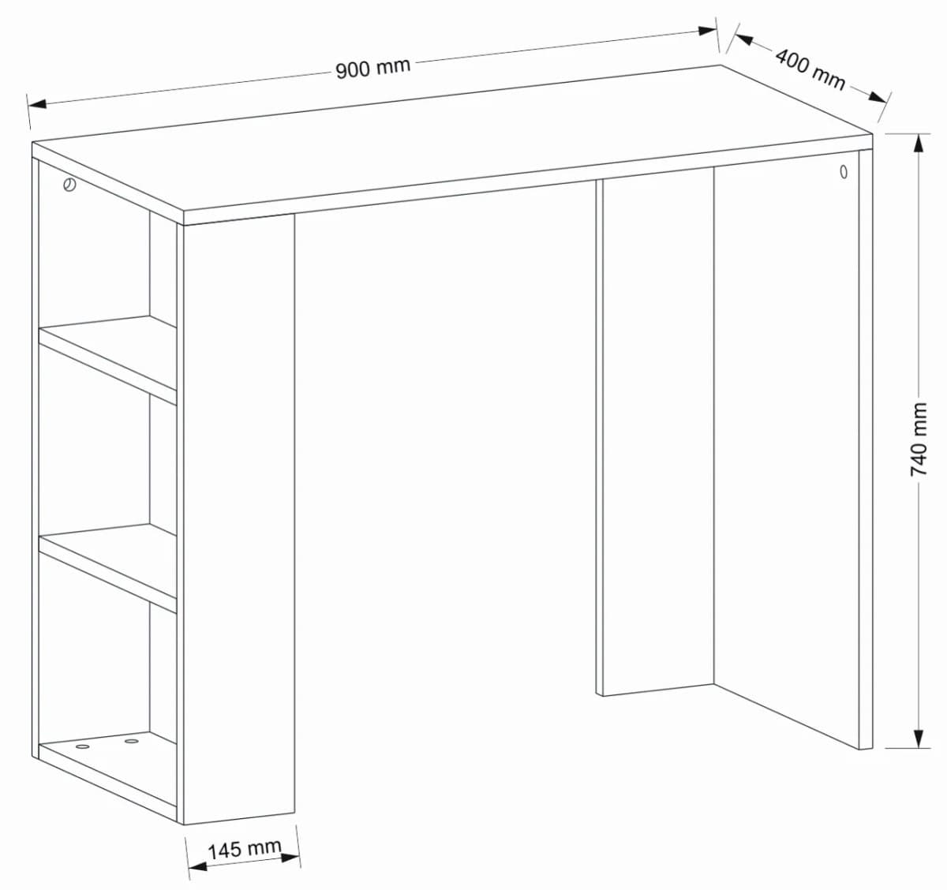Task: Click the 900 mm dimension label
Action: click(373, 68)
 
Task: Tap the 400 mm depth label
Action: click(810, 69)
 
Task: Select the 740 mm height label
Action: click(919, 439)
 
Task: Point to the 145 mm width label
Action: click(244, 849)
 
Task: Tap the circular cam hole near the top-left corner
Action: click(69, 186)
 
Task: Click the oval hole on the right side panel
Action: click(844, 171)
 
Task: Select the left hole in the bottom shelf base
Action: click(83, 746)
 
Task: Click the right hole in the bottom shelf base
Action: click(131, 741)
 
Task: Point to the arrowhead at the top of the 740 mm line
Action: click(918, 144)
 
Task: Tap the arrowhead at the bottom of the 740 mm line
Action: click(918, 739)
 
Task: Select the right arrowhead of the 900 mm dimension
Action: click(707, 31)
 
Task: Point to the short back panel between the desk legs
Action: click(655, 434)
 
